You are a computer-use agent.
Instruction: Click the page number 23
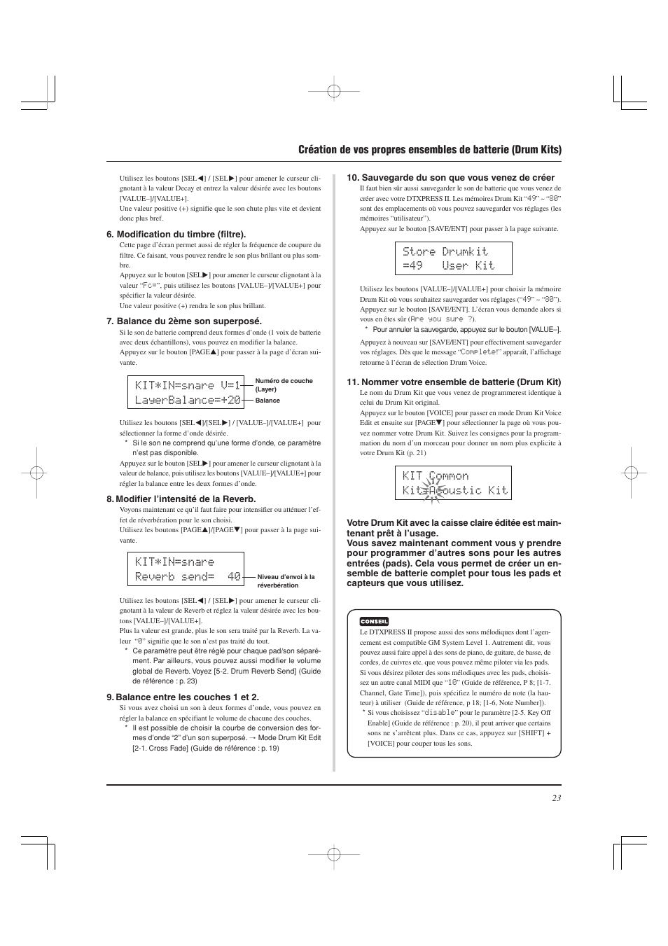coord(556,798)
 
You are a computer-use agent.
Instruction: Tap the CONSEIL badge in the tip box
coord(374,621)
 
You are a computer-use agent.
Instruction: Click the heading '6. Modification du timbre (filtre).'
coord(176,235)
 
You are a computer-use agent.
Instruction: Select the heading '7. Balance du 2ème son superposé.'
coord(183,321)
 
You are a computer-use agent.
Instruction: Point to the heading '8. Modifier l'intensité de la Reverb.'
coord(181,499)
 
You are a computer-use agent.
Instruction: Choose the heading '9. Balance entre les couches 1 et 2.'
coord(182,697)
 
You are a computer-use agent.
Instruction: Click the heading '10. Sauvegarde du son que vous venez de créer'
coord(450,178)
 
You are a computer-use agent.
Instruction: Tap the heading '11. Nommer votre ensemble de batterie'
coord(454,382)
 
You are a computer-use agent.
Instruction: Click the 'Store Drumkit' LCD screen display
coord(453,258)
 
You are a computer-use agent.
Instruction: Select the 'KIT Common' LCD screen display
coord(453,483)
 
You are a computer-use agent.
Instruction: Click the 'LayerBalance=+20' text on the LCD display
coord(188,401)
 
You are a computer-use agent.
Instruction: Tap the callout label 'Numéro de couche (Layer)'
coord(284,385)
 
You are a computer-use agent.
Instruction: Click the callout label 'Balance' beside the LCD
coord(267,401)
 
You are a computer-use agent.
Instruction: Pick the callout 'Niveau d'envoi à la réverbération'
coord(286,581)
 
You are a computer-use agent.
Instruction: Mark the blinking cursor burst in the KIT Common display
coord(431,490)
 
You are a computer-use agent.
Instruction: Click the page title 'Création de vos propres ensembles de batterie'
coord(429,150)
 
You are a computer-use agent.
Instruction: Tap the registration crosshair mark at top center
coord(334,91)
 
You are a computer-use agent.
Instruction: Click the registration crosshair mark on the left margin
coord(36,473)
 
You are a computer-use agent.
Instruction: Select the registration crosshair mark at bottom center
coord(334,854)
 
